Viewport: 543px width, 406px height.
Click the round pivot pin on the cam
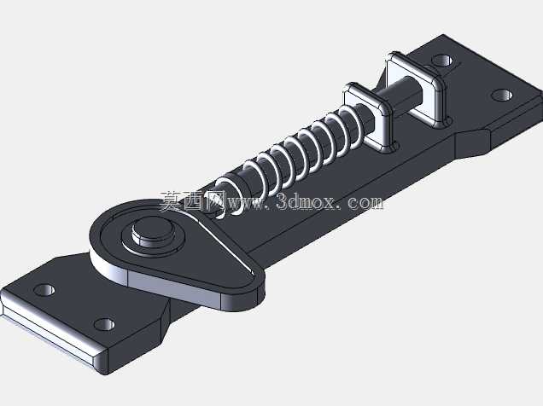[x=152, y=231]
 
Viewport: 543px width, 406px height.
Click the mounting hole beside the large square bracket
[x=442, y=61]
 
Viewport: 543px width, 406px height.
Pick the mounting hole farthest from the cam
[x=502, y=95]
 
